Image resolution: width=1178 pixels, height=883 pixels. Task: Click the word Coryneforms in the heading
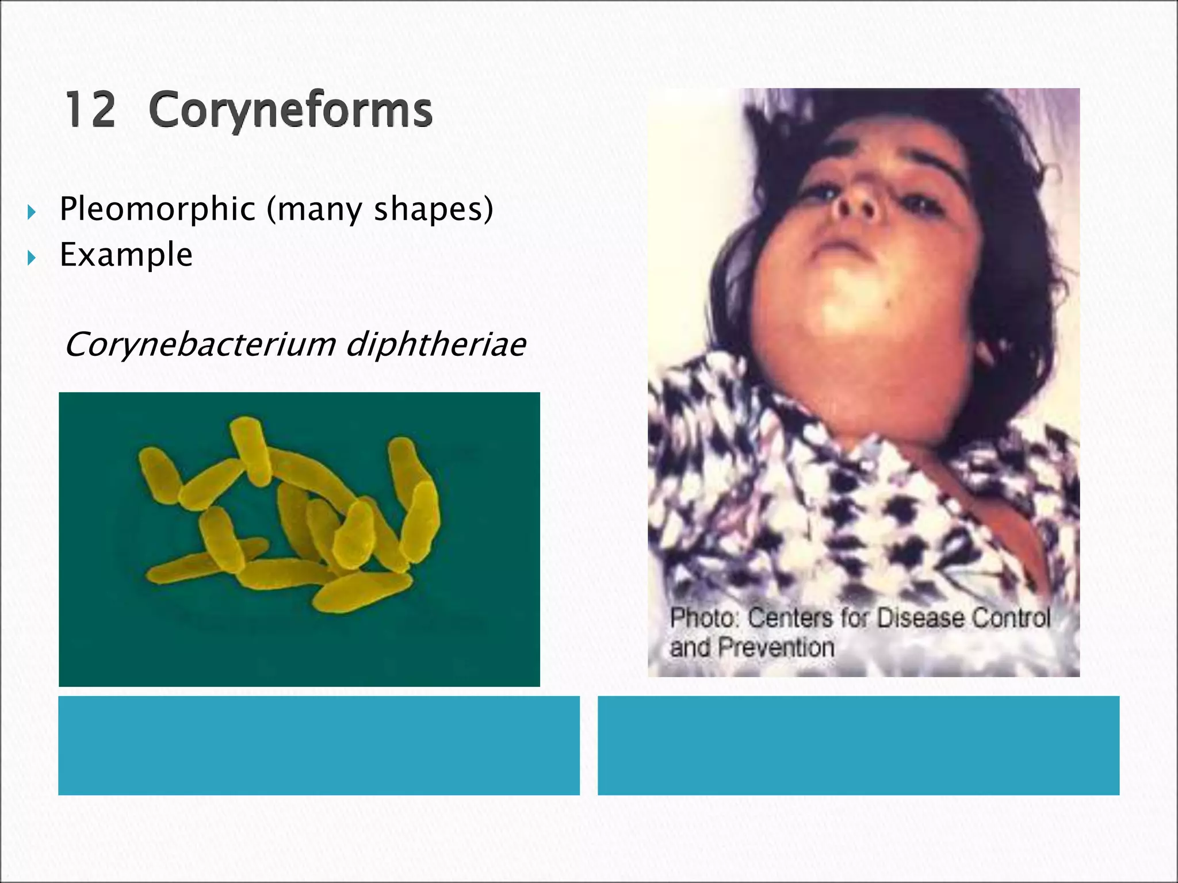point(290,110)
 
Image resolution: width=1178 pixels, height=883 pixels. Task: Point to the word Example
point(126,254)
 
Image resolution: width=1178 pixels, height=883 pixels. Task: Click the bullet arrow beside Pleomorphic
point(32,213)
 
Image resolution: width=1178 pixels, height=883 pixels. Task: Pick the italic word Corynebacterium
point(200,344)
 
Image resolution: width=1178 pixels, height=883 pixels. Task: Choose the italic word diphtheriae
point(436,344)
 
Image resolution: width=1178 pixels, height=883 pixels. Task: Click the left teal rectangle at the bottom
point(319,745)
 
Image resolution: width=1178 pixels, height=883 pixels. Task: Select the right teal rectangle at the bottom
point(858,745)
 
